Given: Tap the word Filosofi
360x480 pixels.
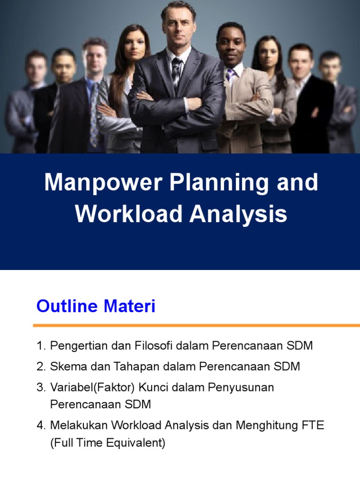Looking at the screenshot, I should pyautogui.click(x=154, y=346).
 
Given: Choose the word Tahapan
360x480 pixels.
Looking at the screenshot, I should pyautogui.click(x=123, y=367).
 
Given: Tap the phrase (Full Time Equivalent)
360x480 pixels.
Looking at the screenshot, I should pyautogui.click(x=107, y=443).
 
